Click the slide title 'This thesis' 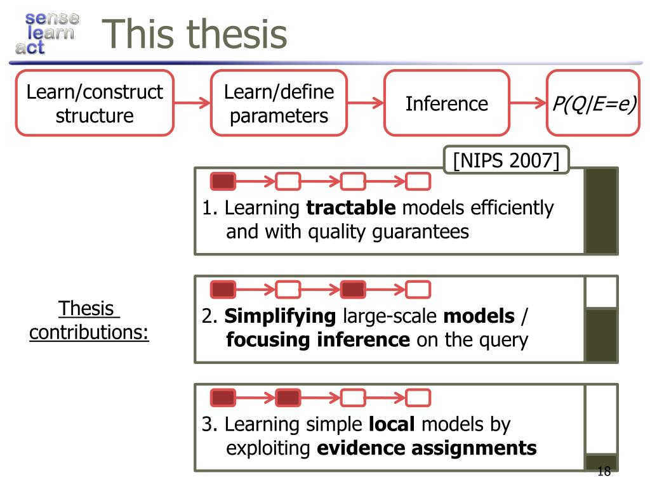pos(195,34)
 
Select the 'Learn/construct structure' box pos(95,103)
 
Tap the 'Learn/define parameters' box pos(279,103)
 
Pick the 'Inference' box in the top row pos(447,103)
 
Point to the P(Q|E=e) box pos(594,103)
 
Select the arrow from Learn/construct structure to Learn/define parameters pos(192,103)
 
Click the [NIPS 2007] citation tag pos(506,160)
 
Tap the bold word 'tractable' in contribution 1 pos(351,208)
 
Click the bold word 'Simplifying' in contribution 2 pos(280,316)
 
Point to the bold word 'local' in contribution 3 pos(391,424)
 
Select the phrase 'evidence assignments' pos(427,448)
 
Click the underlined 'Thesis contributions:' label pos(89,321)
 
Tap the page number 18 pos(604,471)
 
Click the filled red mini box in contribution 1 pos(223,182)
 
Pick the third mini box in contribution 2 pos(353,290)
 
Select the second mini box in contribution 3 pos(288,398)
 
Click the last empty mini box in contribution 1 pos(418,182)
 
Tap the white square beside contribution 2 pos(601,292)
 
